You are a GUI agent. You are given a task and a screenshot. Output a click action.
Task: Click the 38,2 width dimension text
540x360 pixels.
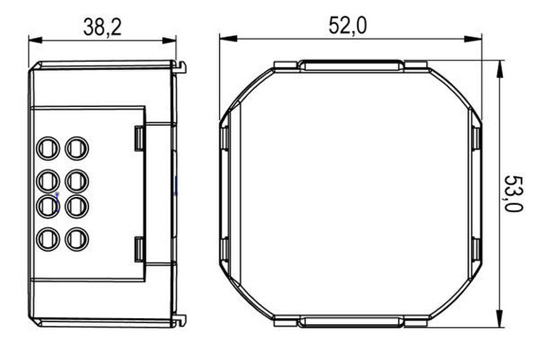[x=101, y=27]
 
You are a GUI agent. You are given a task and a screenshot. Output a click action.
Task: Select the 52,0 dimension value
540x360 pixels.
[x=347, y=26]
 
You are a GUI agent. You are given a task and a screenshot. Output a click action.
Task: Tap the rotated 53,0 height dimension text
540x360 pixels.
[x=514, y=193]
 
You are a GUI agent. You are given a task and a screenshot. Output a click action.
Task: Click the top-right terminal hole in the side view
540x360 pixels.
[x=75, y=148]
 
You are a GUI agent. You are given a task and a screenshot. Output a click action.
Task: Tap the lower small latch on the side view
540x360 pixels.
[x=138, y=249]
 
